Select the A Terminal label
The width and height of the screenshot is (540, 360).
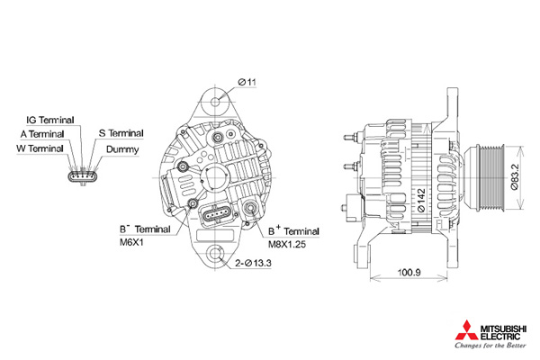(x=41, y=133)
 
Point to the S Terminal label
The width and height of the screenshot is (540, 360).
(x=121, y=133)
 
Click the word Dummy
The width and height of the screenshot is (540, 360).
(x=121, y=148)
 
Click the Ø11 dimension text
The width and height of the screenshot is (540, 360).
(x=247, y=83)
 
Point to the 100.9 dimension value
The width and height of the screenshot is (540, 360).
(x=409, y=271)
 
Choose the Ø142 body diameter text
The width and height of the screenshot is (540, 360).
(x=419, y=198)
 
